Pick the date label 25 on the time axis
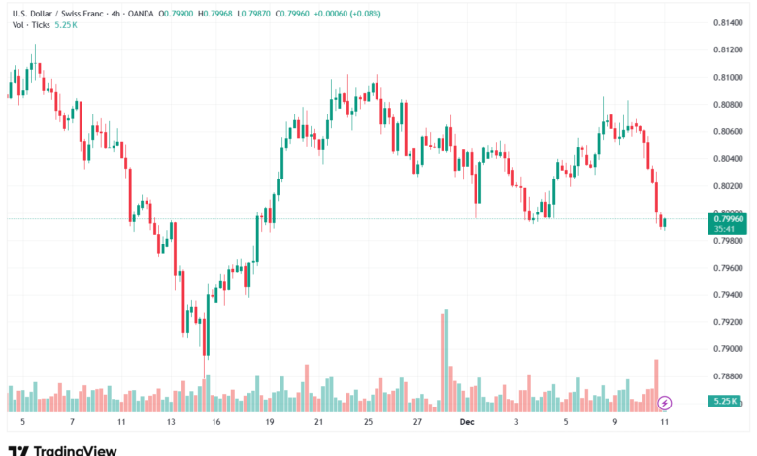pyautogui.click(x=368, y=423)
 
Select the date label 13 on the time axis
pyautogui.click(x=170, y=423)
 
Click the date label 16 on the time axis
pyautogui.click(x=215, y=423)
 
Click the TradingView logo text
pyautogui.click(x=75, y=449)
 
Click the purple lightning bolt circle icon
pyautogui.click(x=665, y=402)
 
